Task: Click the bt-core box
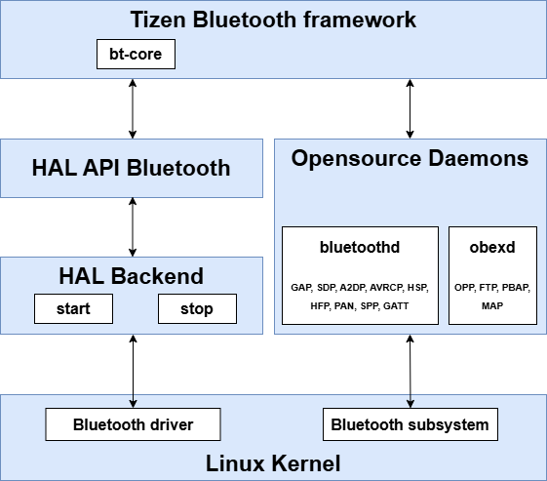(x=136, y=55)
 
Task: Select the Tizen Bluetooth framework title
(x=273, y=19)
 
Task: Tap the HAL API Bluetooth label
(x=132, y=168)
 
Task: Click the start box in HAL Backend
(x=73, y=309)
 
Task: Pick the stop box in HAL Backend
(x=197, y=309)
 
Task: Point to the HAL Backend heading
(x=132, y=276)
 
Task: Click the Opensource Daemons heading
(x=410, y=158)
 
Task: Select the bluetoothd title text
(x=360, y=248)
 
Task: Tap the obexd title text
(x=491, y=248)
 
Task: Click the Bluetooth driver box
(x=134, y=424)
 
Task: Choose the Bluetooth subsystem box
(x=410, y=424)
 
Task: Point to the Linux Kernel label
(x=273, y=461)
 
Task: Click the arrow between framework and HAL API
(x=132, y=108)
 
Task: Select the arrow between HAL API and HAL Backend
(x=132, y=227)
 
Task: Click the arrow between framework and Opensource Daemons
(x=410, y=108)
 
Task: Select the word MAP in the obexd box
(x=491, y=305)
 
